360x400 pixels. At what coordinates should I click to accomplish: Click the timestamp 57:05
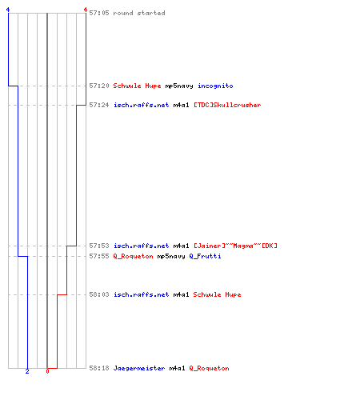(99, 13)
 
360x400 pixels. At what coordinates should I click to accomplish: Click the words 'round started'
(139, 13)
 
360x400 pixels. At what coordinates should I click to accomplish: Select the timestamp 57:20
(99, 86)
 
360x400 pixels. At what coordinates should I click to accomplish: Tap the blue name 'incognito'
(215, 86)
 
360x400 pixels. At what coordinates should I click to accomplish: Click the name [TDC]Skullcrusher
(227, 105)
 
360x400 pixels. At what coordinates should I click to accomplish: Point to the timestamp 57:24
(99, 105)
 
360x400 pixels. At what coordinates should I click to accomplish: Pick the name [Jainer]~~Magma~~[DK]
(235, 246)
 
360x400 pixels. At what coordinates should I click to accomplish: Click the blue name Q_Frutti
(205, 256)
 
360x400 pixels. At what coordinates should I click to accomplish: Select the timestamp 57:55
(99, 256)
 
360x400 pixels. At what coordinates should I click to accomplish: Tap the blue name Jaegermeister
(139, 368)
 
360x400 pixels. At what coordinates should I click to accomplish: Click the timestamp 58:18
(99, 368)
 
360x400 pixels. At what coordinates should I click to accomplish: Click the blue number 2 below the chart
(27, 371)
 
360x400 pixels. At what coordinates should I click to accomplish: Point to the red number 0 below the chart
(47, 371)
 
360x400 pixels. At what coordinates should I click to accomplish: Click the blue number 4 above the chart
(8, 10)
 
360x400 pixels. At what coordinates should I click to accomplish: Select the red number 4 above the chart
(86, 10)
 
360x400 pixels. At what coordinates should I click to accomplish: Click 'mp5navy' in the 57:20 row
(179, 86)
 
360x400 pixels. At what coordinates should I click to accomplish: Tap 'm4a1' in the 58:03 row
(181, 294)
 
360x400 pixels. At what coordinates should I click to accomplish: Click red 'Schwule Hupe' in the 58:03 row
(217, 294)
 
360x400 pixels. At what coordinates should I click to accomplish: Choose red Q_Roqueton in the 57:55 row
(133, 256)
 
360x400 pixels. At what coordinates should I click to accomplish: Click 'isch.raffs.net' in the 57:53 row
(141, 246)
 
